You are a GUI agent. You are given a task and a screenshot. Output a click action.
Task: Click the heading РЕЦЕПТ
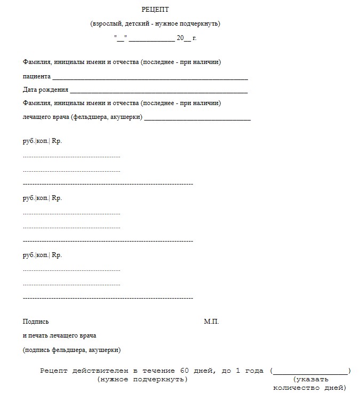155,10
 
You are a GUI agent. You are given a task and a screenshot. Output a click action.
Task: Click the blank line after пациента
150,78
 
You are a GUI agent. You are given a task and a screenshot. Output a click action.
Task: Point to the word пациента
36,76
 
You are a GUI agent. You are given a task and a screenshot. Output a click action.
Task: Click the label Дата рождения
45,90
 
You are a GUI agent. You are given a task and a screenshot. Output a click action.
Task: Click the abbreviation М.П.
211,322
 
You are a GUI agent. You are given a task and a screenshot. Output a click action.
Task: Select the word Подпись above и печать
36,322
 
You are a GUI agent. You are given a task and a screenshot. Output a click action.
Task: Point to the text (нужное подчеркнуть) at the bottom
142,379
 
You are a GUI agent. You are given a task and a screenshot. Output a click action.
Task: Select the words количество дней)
310,388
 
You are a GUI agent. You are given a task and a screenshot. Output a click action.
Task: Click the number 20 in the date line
180,38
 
